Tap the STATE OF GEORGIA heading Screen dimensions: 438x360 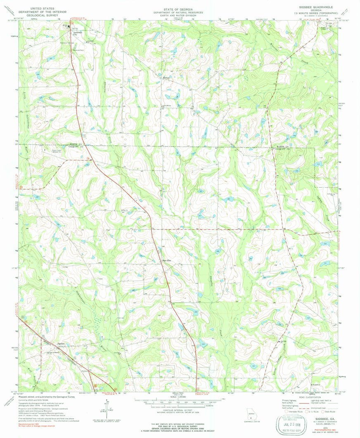(180, 8)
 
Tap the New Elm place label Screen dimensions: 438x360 (166, 260)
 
